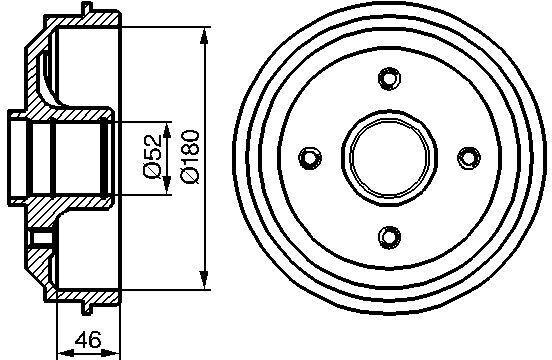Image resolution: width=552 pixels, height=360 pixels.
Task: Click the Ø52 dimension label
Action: (152, 156)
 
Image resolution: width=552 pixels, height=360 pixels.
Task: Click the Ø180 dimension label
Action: (190, 157)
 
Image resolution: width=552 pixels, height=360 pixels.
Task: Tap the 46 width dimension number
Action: (88, 340)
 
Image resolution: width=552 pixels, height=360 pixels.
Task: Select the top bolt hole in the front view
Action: (389, 78)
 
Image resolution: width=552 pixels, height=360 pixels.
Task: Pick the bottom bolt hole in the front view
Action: (389, 237)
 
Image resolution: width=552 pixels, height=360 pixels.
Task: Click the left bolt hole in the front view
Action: (310, 158)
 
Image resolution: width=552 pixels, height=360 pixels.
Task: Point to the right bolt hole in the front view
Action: (469, 158)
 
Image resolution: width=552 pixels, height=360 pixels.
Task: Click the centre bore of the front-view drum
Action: (390, 158)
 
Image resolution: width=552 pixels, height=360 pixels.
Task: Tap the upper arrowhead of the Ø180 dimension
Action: (204, 37)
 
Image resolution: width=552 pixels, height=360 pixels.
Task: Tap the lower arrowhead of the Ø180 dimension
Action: (204, 280)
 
